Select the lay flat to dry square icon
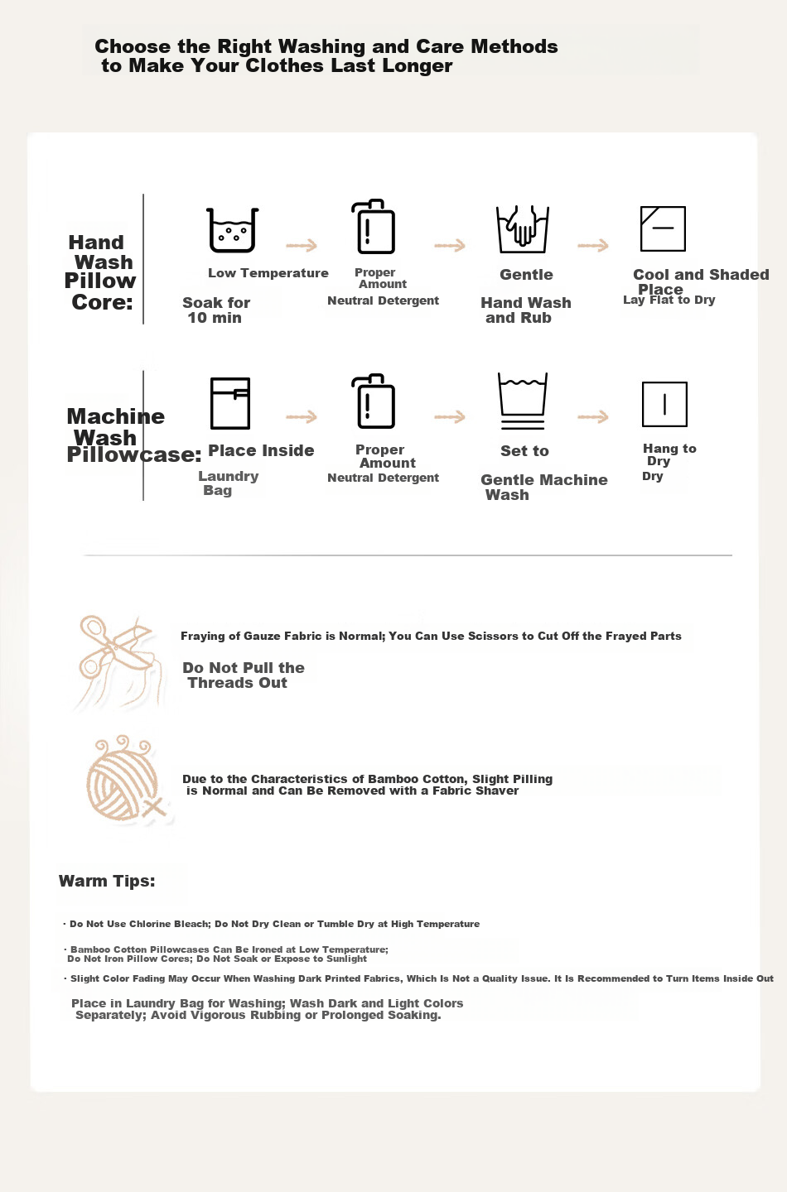(663, 228)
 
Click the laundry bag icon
(230, 403)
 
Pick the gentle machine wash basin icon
(523, 401)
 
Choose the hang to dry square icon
(664, 405)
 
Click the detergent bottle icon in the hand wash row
(374, 226)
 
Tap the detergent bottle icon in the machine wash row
(374, 401)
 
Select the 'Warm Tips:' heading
(107, 881)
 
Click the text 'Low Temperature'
(268, 273)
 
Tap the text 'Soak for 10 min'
(215, 310)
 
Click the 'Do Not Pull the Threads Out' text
(244, 675)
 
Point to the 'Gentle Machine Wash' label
(543, 487)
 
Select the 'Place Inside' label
(261, 450)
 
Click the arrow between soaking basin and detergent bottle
(302, 245)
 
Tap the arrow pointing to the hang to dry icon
(592, 416)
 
